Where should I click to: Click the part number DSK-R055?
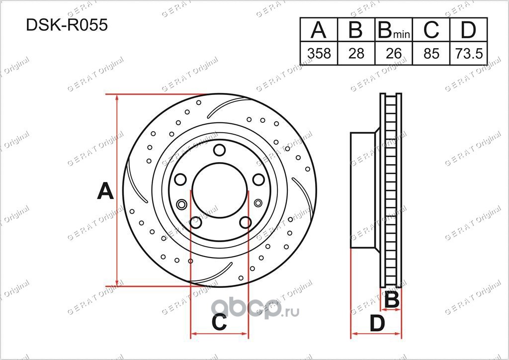coord(67,25)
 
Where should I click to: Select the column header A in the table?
coord(319,29)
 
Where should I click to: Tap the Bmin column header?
coord(394,30)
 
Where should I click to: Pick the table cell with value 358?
coord(319,53)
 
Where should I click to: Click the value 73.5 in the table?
coord(469,53)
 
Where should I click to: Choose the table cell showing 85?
coord(431,53)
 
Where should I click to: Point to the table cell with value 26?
coord(394,53)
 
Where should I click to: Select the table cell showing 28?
coord(356,53)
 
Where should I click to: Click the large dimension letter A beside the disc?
coord(105,191)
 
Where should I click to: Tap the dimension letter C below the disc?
coord(219,322)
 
